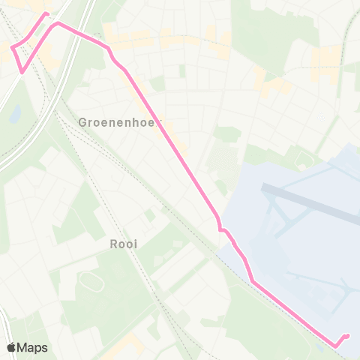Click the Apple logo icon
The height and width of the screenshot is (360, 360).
point(12,347)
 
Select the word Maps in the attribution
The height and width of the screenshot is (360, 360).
point(33,347)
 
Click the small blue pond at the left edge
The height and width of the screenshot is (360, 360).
point(14,113)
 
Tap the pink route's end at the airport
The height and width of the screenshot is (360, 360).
point(347,335)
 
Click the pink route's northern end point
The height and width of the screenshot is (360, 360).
point(47,13)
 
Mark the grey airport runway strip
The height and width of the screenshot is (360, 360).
point(315,202)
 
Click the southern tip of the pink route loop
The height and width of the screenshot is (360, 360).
point(23,73)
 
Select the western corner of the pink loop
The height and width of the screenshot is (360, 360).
point(12,48)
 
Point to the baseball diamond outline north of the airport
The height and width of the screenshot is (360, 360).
point(303,158)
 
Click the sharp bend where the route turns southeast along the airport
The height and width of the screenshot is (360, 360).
point(253,282)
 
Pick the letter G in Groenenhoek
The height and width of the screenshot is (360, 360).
point(82,121)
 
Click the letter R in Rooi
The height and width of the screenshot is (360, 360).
point(113,244)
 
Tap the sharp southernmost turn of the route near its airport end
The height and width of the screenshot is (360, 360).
point(334,346)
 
